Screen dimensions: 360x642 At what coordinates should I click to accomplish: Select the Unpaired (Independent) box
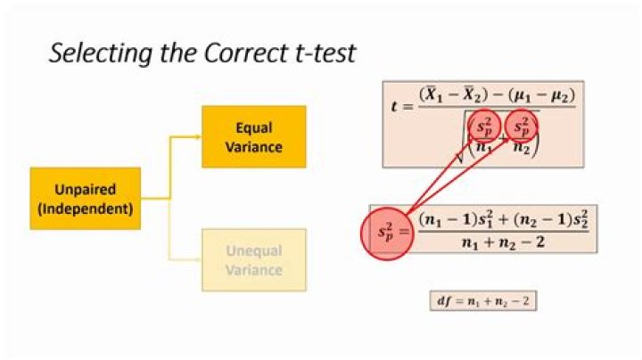[x=86, y=199]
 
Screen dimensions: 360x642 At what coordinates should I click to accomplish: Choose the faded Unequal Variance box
[x=254, y=260]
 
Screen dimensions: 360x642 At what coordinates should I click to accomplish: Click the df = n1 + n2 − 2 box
[x=482, y=301]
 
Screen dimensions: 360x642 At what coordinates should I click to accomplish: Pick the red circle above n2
[x=523, y=127]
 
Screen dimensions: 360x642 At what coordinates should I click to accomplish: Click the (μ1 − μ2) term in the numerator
[x=539, y=92]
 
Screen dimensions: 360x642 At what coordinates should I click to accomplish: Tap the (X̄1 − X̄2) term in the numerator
[x=457, y=92]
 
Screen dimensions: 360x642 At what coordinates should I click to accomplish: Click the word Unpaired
[x=85, y=190]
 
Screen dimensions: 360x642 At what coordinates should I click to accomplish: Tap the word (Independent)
[x=86, y=209]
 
